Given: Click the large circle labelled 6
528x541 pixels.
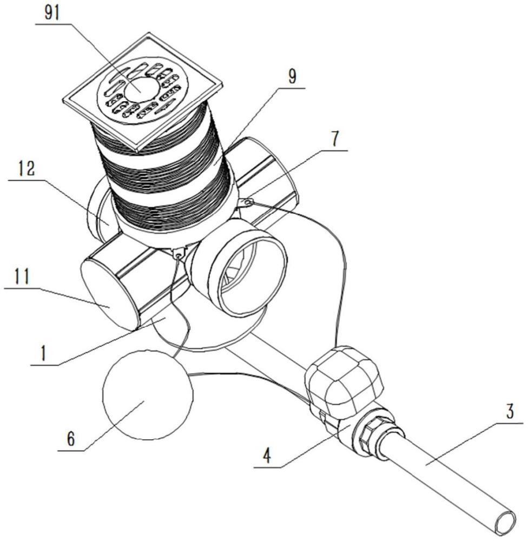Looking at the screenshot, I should click(x=147, y=397).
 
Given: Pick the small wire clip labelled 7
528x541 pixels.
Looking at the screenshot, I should click(x=246, y=202).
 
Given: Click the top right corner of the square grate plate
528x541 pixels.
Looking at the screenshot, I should click(x=222, y=83).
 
